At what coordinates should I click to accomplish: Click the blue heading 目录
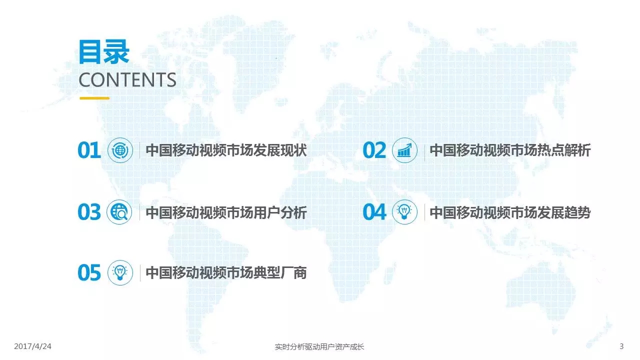[x=104, y=52]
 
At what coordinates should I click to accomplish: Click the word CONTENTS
[x=127, y=79]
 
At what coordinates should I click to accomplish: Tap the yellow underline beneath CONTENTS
[x=94, y=98]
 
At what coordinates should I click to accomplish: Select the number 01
[x=89, y=150]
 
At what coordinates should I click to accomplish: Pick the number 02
[x=374, y=150]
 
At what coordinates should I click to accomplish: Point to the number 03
[x=89, y=212]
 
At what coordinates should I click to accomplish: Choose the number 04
[x=374, y=212]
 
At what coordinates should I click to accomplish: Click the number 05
[x=89, y=272]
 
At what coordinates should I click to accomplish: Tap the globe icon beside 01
[x=120, y=150]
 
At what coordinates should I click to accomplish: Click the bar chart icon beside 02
[x=404, y=150]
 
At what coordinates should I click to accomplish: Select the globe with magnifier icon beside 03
[x=119, y=212]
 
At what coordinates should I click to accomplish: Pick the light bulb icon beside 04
[x=404, y=212]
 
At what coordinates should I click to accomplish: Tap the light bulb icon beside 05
[x=120, y=272]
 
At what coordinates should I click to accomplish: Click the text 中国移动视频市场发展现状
[x=226, y=150]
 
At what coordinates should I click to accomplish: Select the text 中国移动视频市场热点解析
[x=510, y=150]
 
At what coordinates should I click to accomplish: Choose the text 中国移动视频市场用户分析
[x=226, y=212]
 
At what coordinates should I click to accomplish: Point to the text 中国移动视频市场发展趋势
[x=510, y=212]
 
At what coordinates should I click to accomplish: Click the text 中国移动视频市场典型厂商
[x=226, y=272]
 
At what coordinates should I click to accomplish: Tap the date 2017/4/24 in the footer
[x=32, y=346]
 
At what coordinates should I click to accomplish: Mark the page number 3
[x=621, y=346]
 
